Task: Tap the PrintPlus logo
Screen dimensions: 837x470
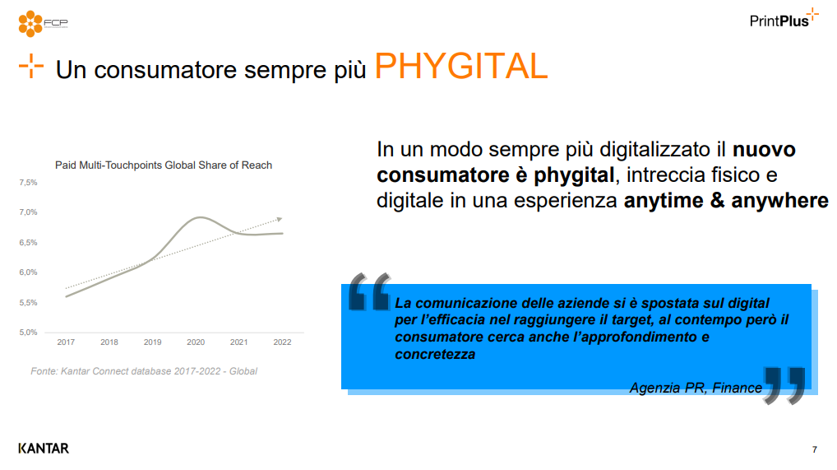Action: coord(784,18)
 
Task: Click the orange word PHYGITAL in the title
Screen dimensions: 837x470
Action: coord(461,67)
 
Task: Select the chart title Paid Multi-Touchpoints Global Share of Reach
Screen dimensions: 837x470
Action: coord(164,165)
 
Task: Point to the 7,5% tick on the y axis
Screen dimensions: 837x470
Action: coord(28,183)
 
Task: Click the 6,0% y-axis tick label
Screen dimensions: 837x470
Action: coord(28,272)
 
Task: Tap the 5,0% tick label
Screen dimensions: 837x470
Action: coord(28,332)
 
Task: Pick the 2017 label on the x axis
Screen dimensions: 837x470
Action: coord(67,342)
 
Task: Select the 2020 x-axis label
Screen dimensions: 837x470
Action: coord(196,342)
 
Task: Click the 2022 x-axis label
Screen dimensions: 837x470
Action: coord(282,342)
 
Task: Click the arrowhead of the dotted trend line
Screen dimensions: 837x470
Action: coord(280,219)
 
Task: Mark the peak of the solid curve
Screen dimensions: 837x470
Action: coord(199,217)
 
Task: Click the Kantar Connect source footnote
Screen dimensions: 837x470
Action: coord(144,371)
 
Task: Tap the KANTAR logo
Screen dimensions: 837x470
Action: coord(44,448)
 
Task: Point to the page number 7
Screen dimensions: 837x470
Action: coord(815,449)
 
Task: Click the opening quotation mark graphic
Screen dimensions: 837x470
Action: coord(369,291)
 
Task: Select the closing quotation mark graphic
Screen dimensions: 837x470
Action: coord(784,385)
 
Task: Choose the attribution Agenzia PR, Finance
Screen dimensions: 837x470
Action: coord(696,388)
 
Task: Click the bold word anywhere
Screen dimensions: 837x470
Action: coord(780,201)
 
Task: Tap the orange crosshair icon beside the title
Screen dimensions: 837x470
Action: coord(31,67)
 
